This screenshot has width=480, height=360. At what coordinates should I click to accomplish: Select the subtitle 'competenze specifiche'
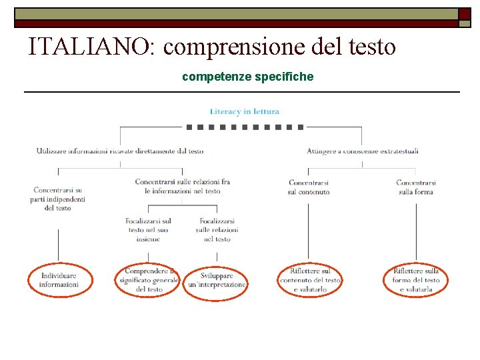[x=247, y=77]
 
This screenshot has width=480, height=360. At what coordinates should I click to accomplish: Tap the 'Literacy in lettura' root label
[x=245, y=111]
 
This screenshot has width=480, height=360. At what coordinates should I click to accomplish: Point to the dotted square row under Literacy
[x=245, y=126]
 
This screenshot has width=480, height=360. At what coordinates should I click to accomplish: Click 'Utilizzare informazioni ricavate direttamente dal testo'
[x=120, y=151]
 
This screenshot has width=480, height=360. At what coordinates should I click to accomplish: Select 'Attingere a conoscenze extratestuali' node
[x=363, y=151]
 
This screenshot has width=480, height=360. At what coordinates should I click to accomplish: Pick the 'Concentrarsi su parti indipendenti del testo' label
[x=58, y=199]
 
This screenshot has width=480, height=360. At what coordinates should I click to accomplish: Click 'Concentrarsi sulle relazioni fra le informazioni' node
[x=182, y=186]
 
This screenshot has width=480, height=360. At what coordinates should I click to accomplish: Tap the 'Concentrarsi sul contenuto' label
[x=309, y=187]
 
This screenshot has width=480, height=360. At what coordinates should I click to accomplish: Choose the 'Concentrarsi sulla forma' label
[x=416, y=187]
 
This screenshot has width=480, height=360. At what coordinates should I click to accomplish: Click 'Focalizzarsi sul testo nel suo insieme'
[x=148, y=229]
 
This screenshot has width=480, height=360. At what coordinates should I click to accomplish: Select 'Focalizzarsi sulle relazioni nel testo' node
[x=217, y=229]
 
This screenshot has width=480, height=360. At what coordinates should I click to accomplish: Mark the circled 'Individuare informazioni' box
[x=59, y=280]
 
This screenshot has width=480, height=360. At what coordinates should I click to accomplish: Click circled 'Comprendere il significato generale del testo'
[x=149, y=280]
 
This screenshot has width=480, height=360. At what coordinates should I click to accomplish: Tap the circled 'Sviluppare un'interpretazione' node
[x=216, y=280]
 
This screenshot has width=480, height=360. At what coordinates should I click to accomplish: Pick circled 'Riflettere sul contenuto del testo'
[x=310, y=280]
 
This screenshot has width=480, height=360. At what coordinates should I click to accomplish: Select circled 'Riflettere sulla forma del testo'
[x=416, y=280]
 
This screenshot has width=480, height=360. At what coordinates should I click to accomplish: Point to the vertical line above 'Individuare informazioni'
[x=59, y=245]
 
